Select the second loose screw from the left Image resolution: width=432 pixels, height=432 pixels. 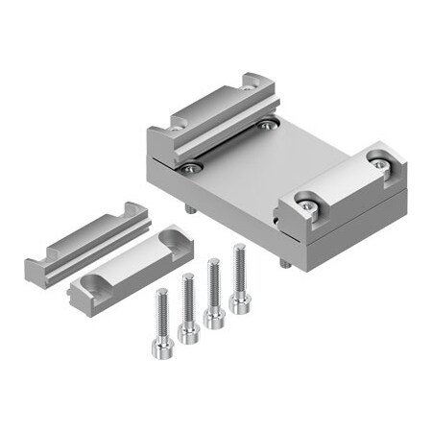[x=189, y=328]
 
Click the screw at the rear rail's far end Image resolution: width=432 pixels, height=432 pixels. [x=266, y=123]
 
